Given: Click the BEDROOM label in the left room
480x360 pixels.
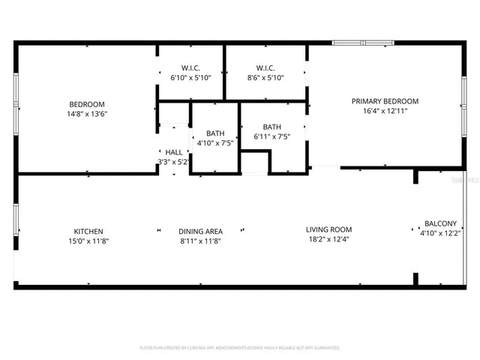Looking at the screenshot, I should [x=87, y=104].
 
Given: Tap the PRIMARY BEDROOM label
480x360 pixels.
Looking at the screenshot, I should [x=385, y=101].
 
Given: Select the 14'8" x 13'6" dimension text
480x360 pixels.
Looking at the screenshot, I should [x=87, y=115].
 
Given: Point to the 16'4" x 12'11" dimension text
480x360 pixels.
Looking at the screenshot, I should [x=385, y=111].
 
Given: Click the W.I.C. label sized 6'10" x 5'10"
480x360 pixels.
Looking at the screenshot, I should [x=191, y=67].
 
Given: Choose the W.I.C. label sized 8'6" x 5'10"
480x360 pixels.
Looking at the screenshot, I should [x=266, y=67].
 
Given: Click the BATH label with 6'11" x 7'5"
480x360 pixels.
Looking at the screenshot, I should [x=271, y=127].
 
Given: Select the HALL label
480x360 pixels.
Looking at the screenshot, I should [x=173, y=151].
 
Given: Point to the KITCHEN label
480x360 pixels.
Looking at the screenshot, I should [x=88, y=231].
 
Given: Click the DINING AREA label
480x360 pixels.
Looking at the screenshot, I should [x=199, y=231].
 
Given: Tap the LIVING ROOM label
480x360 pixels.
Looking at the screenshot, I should [x=328, y=229].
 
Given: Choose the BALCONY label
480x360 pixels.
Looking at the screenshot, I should [x=440, y=223].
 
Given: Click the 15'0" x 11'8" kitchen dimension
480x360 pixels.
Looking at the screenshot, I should [x=88, y=241].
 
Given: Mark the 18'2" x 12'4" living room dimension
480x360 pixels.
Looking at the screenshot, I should [x=328, y=239].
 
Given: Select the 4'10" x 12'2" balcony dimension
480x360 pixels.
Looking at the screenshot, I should [x=440, y=233].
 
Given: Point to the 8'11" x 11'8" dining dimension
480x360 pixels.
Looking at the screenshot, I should [x=199, y=241].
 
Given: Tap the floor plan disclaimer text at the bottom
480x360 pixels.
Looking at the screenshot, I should [x=240, y=348].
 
